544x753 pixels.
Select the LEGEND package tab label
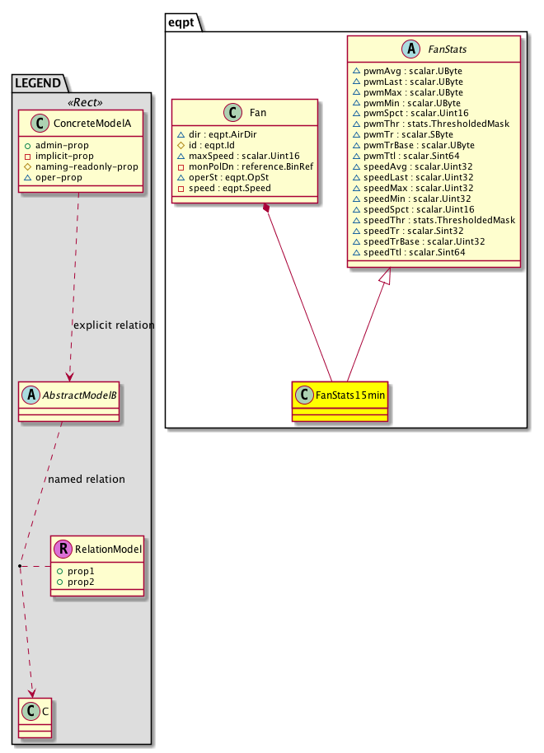[x=40, y=82]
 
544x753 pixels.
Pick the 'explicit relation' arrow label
[x=114, y=325]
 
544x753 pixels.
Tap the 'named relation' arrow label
[x=87, y=479]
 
